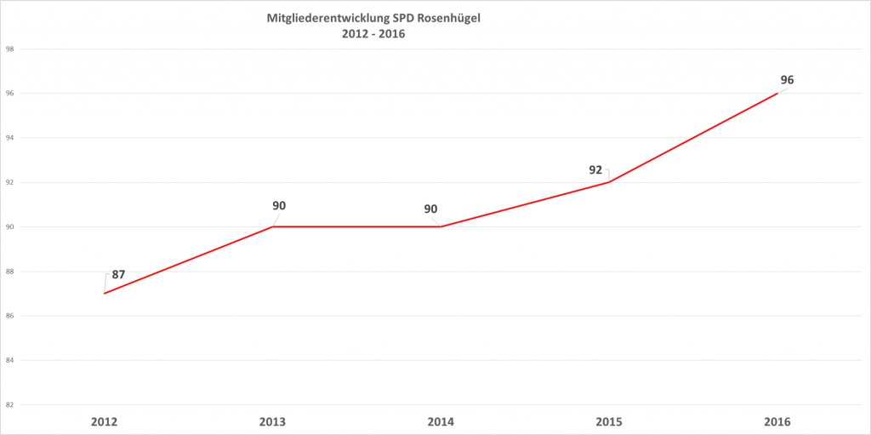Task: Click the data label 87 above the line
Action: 118,275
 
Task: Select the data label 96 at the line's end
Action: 787,80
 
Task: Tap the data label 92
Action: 595,169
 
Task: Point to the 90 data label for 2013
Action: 278,205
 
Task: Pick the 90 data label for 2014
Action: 430,209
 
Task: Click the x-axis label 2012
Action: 104,422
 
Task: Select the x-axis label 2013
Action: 272,422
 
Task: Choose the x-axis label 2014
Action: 440,422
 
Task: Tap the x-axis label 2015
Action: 608,422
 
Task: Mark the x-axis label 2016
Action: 777,422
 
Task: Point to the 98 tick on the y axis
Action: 9,49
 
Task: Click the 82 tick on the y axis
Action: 9,405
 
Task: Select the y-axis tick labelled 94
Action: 9,138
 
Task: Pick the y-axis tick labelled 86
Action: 9,316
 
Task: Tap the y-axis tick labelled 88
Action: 9,272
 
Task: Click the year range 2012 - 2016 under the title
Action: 373,34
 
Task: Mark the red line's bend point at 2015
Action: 608,182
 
